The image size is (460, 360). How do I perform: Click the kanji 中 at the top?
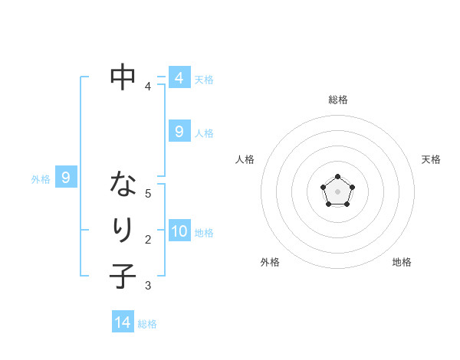(x=123, y=77)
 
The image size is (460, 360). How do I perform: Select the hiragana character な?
(x=123, y=184)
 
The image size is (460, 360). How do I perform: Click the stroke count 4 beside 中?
(x=148, y=87)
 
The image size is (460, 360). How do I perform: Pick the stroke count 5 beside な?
(x=148, y=193)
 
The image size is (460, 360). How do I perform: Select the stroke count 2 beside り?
(x=148, y=240)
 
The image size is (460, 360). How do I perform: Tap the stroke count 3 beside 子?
(x=148, y=286)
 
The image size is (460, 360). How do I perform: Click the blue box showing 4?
(x=179, y=78)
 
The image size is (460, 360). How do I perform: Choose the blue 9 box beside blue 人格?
(x=179, y=132)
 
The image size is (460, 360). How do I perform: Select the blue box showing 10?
(x=179, y=231)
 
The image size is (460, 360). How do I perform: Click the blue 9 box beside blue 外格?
(x=66, y=178)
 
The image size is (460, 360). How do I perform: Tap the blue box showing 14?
(x=123, y=322)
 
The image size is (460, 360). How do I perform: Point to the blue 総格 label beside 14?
(x=147, y=324)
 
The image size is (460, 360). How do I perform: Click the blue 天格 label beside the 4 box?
(x=203, y=80)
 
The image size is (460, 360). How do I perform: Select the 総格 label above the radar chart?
(x=337, y=100)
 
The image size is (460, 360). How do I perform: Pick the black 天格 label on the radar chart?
(x=431, y=159)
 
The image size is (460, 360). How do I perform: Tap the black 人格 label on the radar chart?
(x=245, y=159)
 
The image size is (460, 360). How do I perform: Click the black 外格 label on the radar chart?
(x=269, y=262)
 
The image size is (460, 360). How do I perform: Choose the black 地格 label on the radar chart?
(x=402, y=262)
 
